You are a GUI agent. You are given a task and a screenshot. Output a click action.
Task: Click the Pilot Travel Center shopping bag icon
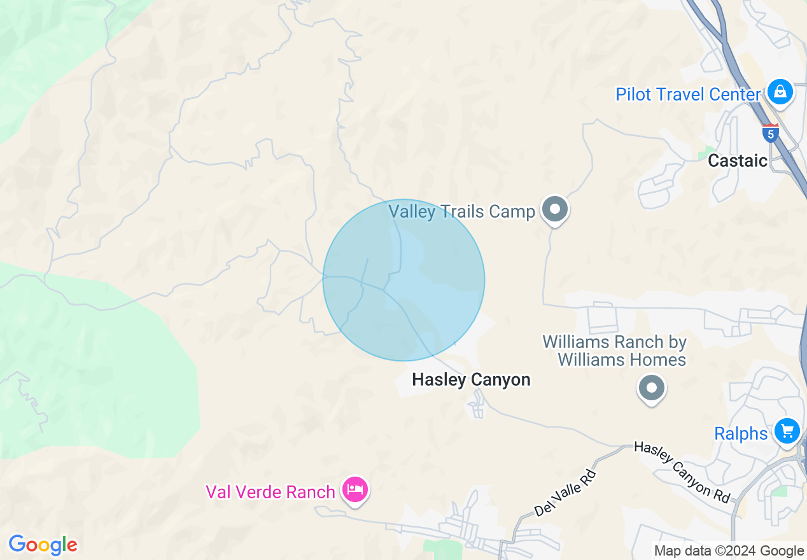[x=780, y=92]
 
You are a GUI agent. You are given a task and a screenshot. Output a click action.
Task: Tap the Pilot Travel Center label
[x=688, y=95]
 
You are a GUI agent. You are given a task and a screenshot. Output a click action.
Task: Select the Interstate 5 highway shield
[x=770, y=133]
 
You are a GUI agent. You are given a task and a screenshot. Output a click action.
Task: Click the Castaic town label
[x=738, y=160]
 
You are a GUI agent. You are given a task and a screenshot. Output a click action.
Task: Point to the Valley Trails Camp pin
[x=555, y=209]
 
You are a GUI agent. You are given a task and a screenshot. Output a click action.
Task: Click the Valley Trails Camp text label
[x=461, y=211]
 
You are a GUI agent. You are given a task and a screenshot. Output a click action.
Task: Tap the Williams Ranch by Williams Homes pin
[x=651, y=388]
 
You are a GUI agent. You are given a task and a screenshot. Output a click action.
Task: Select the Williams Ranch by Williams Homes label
[x=615, y=351]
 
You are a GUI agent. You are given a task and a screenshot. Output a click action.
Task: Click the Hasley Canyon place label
[x=471, y=380]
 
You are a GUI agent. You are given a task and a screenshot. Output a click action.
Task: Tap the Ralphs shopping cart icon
[x=787, y=431]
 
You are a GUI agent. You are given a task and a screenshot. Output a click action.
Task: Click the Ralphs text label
[x=741, y=434]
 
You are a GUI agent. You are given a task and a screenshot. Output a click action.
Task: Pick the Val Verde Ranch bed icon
[x=355, y=490]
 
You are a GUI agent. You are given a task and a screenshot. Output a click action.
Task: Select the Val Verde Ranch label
[x=270, y=492]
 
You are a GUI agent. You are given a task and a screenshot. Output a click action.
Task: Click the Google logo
[x=43, y=545]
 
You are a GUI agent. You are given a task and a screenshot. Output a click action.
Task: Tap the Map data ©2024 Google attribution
[x=729, y=551]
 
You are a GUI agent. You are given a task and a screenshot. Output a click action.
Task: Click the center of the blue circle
[x=403, y=280]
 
